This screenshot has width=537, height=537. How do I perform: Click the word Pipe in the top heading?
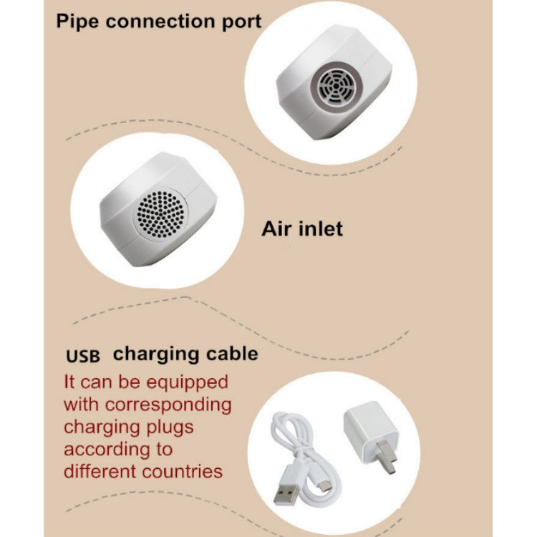(x=77, y=21)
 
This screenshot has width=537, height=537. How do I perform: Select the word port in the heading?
(x=242, y=22)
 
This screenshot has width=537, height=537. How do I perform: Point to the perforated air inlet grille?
(x=160, y=214)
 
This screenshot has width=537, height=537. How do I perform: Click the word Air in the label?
(x=276, y=229)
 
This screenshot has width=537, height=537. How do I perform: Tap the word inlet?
(x=321, y=228)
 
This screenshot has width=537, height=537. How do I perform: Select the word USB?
(x=83, y=356)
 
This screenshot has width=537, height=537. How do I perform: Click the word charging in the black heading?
(x=157, y=354)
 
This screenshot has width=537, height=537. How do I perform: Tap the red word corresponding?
(x=168, y=405)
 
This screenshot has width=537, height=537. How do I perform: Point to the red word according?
(x=107, y=450)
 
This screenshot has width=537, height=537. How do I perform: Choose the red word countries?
(x=183, y=472)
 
